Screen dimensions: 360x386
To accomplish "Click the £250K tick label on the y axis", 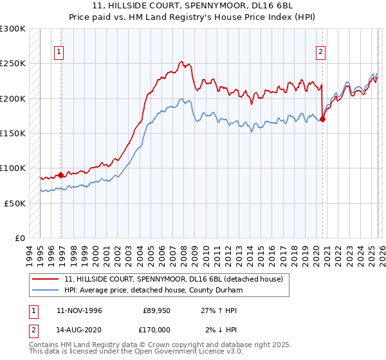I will point(13,64).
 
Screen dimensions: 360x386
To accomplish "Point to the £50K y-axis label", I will point(15,203).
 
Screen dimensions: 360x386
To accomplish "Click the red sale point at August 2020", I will point(322,119).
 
